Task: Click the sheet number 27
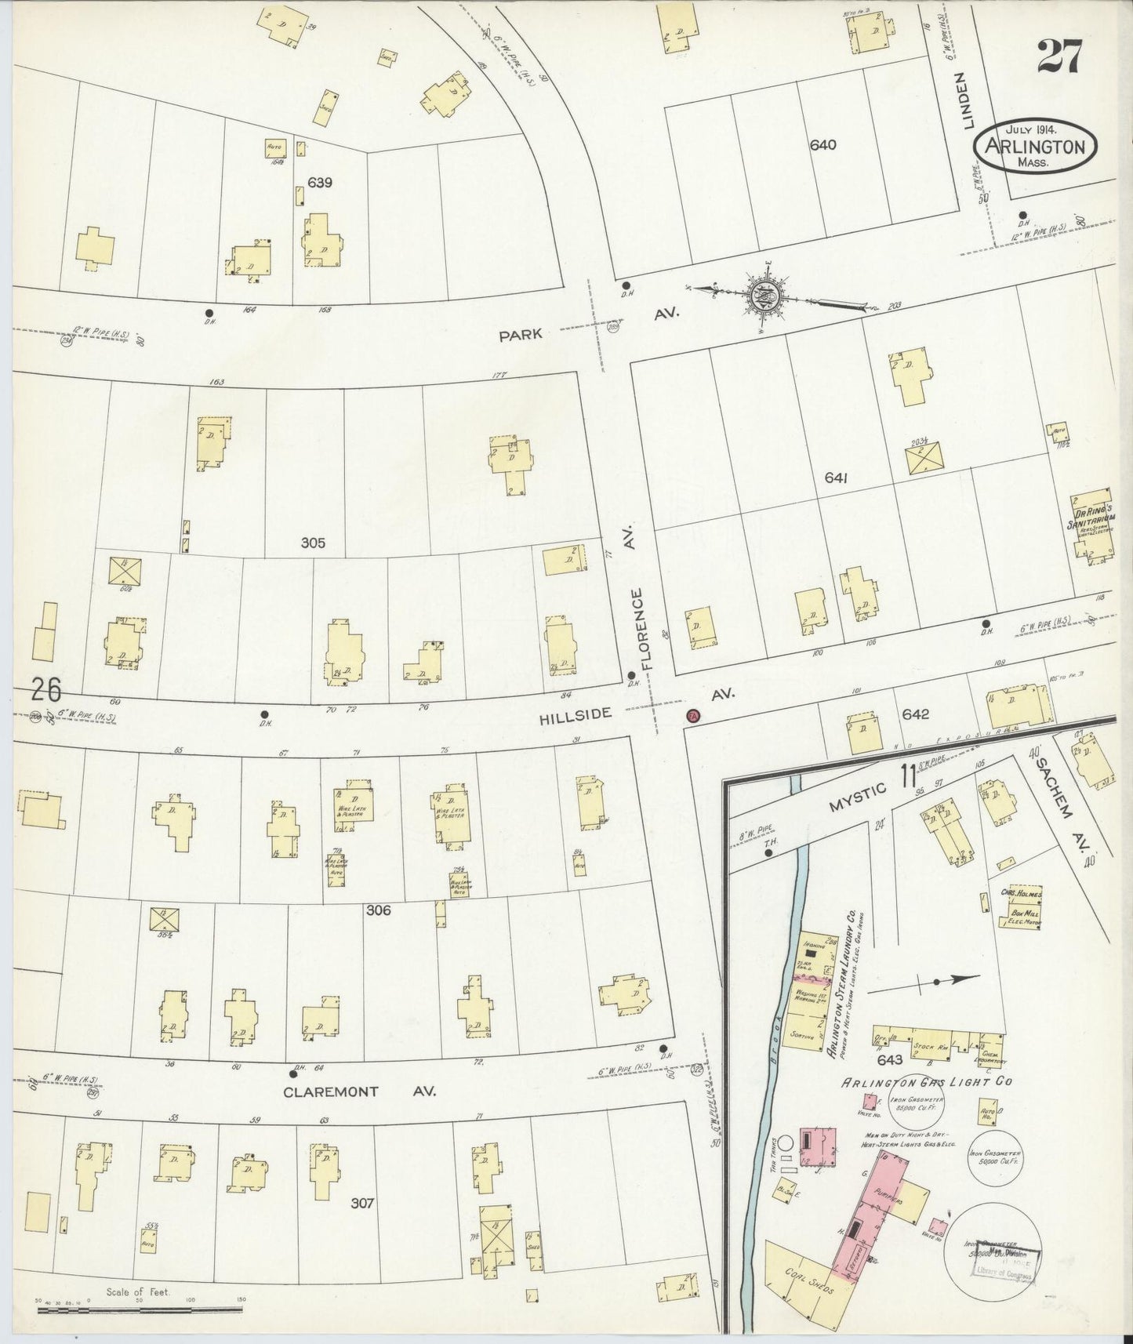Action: pyautogui.click(x=1060, y=56)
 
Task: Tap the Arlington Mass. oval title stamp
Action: pyautogui.click(x=1035, y=147)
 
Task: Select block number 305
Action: pyautogui.click(x=312, y=543)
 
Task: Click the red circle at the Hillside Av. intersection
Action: pyautogui.click(x=692, y=715)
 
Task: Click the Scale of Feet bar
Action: pyautogui.click(x=141, y=1299)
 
